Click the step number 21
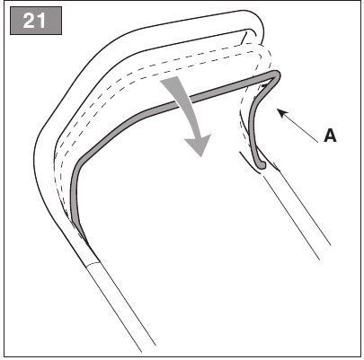pyautogui.click(x=34, y=21)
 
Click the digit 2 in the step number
pyautogui.click(x=29, y=21)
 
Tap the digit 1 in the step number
pyautogui.click(x=41, y=21)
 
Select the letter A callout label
pyautogui.click(x=330, y=136)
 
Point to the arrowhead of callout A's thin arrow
pyautogui.click(x=281, y=113)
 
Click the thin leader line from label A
pyautogui.click(x=297, y=126)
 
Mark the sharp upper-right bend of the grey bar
pyautogui.click(x=276, y=75)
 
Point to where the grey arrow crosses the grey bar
pyautogui.click(x=186, y=99)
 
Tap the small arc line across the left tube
pyautogui.click(x=93, y=264)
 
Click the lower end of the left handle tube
pyautogui.click(x=148, y=348)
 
